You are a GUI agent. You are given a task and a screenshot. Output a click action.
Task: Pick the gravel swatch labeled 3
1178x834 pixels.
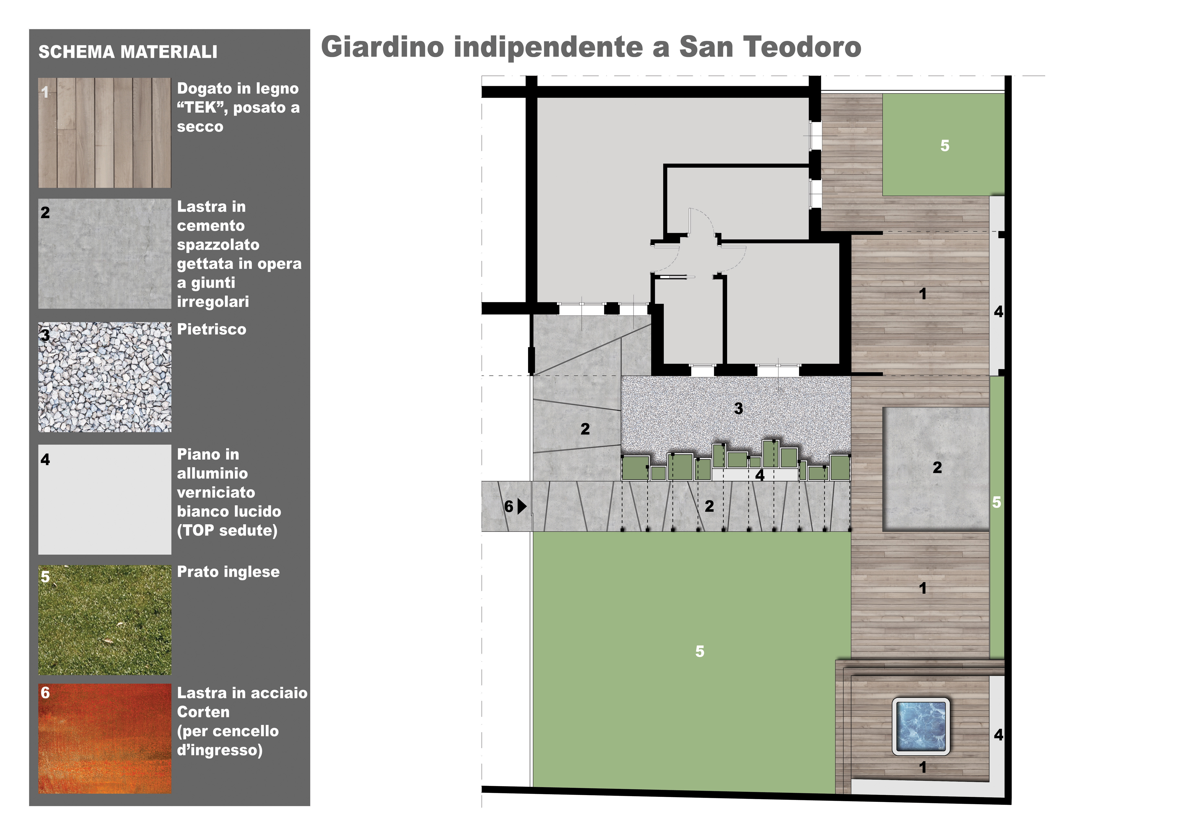tap(105, 377)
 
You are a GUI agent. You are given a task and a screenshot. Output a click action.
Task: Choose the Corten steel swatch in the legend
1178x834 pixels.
tap(105, 738)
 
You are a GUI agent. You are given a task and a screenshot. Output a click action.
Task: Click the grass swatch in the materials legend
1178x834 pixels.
tap(105, 620)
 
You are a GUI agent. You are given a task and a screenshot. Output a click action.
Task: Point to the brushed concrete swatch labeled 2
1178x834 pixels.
tap(105, 254)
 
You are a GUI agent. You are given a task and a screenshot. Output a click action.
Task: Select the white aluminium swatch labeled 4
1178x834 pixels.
tap(105, 499)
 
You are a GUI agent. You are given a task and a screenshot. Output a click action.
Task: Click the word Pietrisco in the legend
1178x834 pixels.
tap(211, 329)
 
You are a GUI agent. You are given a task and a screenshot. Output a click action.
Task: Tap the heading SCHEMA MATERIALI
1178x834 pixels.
tap(128, 52)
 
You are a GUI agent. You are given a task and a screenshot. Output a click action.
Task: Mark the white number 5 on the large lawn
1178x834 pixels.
tap(700, 651)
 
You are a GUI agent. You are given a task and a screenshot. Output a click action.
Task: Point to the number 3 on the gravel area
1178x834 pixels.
tap(738, 408)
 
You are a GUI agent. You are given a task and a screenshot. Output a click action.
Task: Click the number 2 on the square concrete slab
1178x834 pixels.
tap(937, 467)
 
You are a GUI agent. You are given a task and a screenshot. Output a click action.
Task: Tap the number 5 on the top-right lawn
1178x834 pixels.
tap(945, 146)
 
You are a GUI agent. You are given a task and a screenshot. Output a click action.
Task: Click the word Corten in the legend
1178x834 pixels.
tap(203, 712)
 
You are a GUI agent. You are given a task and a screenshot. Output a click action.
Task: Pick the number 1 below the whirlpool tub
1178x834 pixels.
tap(923, 767)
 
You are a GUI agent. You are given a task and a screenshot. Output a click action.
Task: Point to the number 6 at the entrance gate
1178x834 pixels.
tap(508, 507)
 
